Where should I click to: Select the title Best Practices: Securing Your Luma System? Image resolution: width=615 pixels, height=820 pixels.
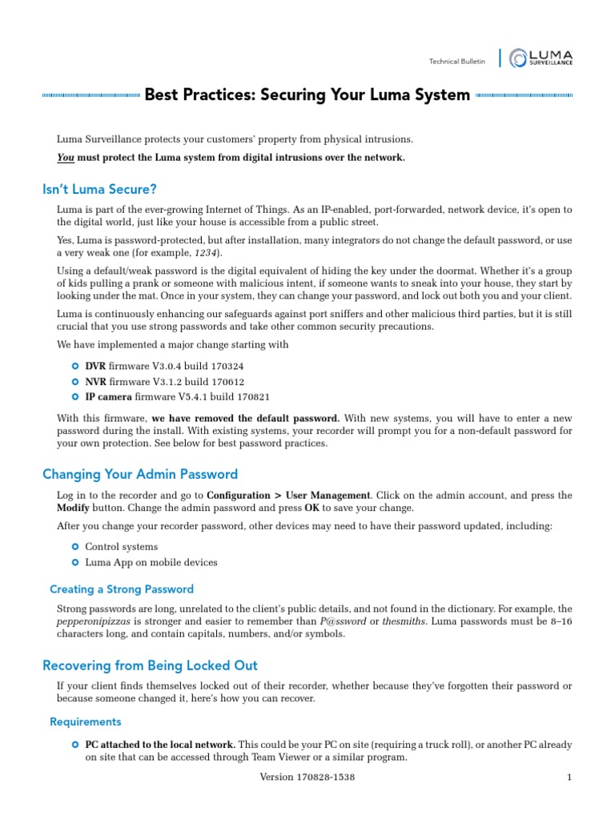tap(307, 94)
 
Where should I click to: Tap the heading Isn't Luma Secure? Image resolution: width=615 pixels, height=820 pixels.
tap(99, 189)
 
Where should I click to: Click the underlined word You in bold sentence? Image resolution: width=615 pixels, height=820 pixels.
tap(65, 158)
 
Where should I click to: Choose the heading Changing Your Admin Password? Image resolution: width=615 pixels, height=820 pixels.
tap(139, 474)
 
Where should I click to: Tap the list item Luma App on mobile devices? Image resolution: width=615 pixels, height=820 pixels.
tap(151, 562)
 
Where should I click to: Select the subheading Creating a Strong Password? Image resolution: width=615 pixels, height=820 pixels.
tap(122, 589)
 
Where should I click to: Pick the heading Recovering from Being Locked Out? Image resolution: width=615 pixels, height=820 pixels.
tap(150, 665)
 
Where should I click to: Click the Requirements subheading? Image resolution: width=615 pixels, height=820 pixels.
tap(86, 722)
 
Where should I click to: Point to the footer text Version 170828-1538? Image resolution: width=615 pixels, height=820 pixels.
tap(307, 778)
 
